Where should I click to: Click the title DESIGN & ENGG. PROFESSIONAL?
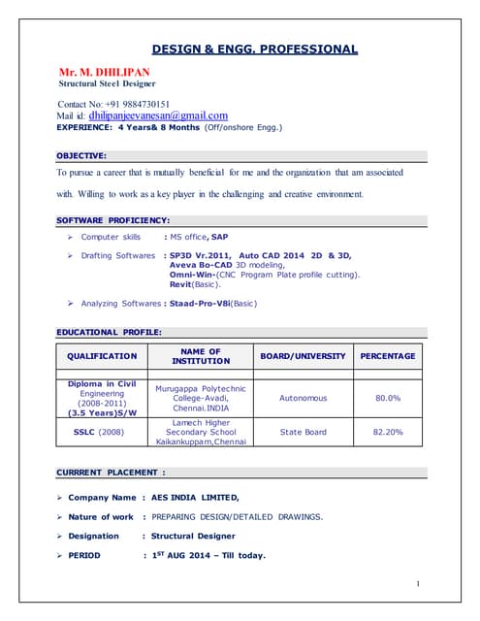point(254,49)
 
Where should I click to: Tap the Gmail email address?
point(158,115)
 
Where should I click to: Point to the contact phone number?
point(130,104)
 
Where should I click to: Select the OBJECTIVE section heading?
point(81,155)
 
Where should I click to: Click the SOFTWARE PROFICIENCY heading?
point(113,220)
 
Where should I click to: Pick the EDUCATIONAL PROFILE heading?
point(109,333)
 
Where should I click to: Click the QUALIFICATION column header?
point(102,356)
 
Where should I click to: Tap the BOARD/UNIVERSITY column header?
point(303,356)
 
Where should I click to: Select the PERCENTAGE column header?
point(388,356)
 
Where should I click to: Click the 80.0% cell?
point(388,398)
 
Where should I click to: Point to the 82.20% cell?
point(388,432)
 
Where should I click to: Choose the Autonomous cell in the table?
point(303,398)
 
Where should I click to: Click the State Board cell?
point(303,432)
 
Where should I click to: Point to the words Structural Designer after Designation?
point(193,536)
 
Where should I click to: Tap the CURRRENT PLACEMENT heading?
point(111,473)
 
